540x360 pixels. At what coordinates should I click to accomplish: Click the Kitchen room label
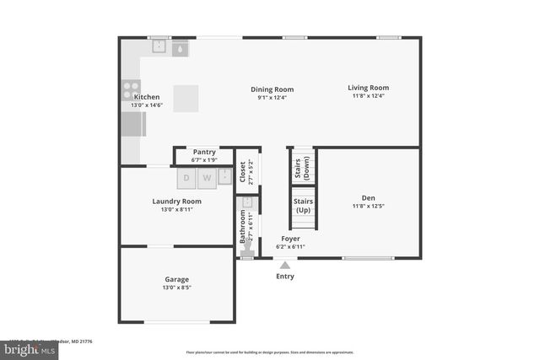pos(147,97)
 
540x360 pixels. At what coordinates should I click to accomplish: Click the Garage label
pos(176,279)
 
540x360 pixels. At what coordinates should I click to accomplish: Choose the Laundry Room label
pos(176,201)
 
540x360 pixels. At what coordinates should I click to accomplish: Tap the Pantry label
pos(204,152)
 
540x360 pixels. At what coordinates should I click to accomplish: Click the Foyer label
pos(290,239)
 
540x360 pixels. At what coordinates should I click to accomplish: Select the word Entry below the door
pos(285,276)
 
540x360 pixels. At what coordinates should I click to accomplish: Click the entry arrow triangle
pos(285,265)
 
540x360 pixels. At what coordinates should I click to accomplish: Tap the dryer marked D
pos(186,178)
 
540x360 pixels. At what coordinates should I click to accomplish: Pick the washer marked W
pos(207,178)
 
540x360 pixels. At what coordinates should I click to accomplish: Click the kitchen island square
pos(186,97)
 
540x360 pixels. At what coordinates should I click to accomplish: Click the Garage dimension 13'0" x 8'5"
pos(176,287)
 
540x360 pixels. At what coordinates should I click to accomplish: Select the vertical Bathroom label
pos(243,227)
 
